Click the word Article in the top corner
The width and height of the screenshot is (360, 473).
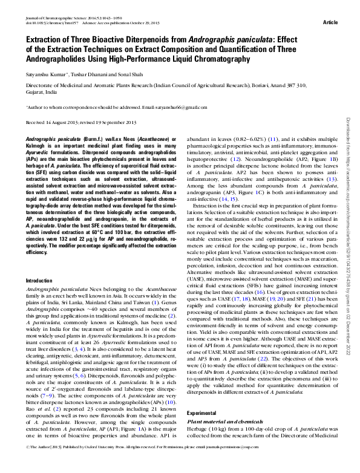pyautogui.click(x=331, y=22)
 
